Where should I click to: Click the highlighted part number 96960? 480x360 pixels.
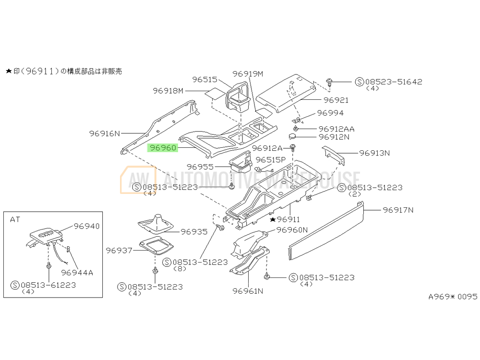[163, 148]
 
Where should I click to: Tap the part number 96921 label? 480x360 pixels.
[336, 100]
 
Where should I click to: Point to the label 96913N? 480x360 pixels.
[374, 153]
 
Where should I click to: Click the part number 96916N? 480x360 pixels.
[104, 133]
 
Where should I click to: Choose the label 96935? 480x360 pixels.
[194, 231]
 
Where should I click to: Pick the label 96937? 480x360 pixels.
[119, 250]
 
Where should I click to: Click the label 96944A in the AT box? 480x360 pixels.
[77, 273]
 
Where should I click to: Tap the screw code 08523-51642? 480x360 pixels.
[394, 82]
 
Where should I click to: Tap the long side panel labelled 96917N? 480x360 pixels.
[326, 230]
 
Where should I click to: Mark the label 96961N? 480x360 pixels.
[248, 291]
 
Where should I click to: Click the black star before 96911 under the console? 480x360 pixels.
[273, 219]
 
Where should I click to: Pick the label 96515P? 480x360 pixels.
[270, 159]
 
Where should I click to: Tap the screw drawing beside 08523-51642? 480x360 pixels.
[330, 83]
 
